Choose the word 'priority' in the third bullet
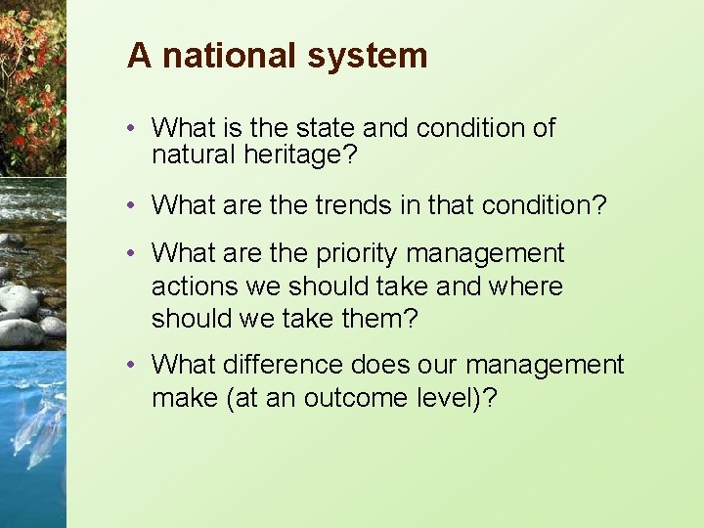[357, 254]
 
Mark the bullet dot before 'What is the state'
[132, 128]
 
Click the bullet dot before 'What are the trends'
[132, 205]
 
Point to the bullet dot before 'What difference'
[132, 366]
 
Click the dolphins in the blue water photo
[34, 430]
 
